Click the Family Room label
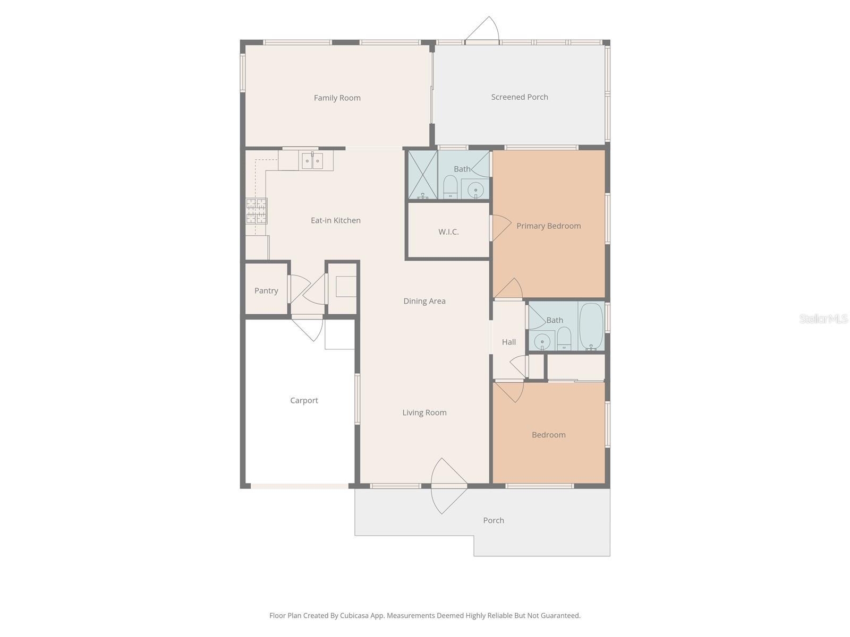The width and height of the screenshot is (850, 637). (x=337, y=98)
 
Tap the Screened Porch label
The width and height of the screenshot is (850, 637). (x=519, y=97)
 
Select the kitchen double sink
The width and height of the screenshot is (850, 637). (x=312, y=160)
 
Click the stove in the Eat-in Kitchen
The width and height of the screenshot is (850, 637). (x=256, y=211)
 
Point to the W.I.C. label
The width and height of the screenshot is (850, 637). (x=448, y=232)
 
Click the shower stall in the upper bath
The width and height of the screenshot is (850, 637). (x=422, y=175)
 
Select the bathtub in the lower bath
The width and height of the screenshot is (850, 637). (x=591, y=326)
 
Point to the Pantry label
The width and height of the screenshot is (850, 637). (x=266, y=291)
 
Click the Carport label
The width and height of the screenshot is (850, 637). (x=304, y=401)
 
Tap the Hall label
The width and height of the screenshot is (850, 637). (x=508, y=342)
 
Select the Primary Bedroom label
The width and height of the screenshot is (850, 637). (x=548, y=226)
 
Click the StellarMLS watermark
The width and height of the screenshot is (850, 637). (x=823, y=319)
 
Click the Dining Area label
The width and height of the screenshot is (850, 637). (x=424, y=301)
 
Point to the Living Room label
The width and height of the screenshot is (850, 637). (x=424, y=412)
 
